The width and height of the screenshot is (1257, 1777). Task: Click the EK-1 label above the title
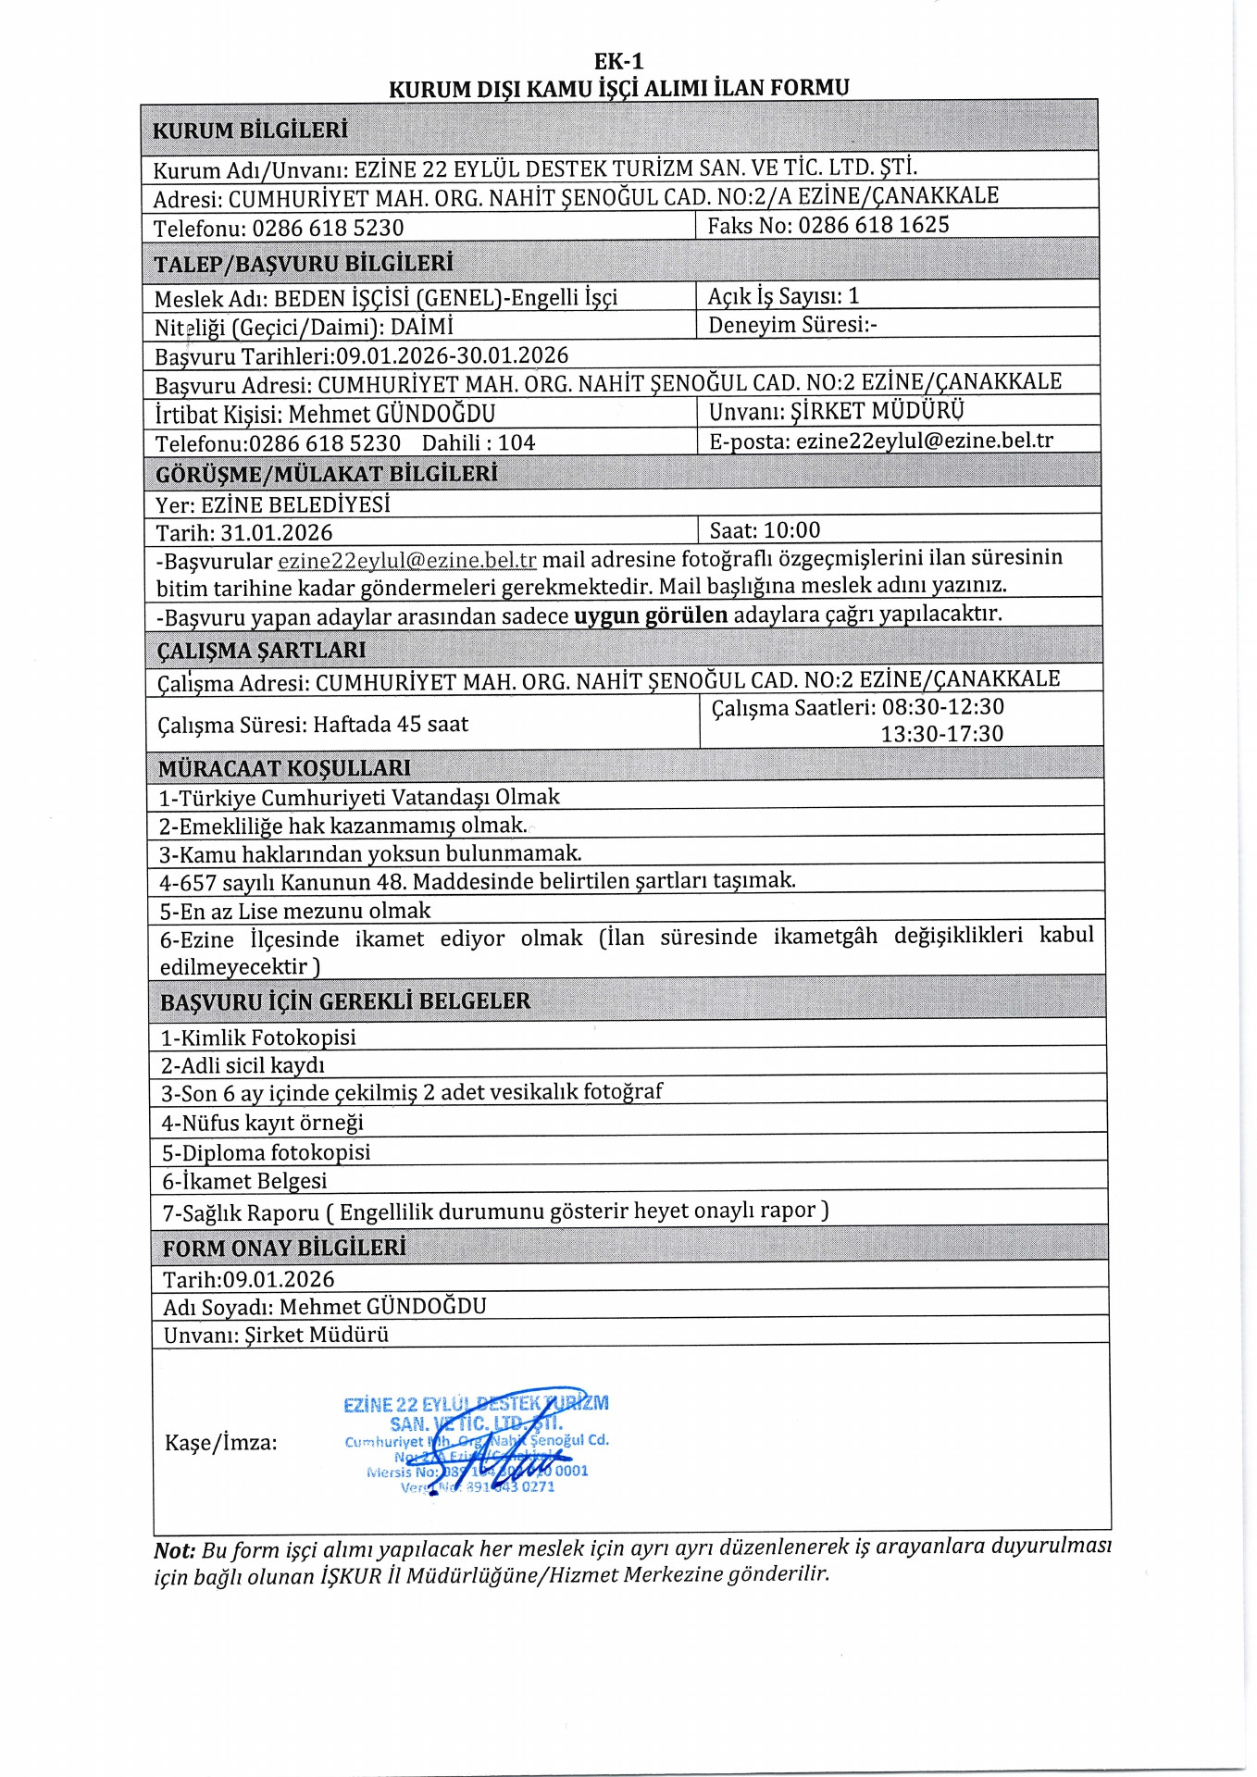[x=618, y=61]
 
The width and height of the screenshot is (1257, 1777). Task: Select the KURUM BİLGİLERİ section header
[x=250, y=130]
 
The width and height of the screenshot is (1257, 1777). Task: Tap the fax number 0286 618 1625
[x=873, y=225]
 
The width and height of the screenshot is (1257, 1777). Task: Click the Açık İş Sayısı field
[x=783, y=296]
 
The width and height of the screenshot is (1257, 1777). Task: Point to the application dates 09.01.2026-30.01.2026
[x=452, y=355]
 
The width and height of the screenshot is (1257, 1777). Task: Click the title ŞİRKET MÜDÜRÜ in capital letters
[x=877, y=411]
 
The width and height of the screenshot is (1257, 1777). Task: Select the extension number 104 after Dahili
[x=516, y=442]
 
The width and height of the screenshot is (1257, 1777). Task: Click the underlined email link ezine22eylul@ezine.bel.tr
[x=406, y=560]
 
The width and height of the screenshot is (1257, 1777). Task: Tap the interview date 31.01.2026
[x=276, y=532]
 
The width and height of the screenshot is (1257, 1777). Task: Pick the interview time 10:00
[x=792, y=530]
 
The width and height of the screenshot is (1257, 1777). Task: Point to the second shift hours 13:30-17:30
[x=941, y=734]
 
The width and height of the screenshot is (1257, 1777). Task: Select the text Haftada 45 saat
[x=391, y=724]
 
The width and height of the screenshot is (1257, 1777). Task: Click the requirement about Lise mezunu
[x=295, y=911]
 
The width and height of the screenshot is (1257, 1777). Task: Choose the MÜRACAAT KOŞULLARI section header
[x=284, y=768]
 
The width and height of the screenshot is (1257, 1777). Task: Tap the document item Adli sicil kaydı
[x=243, y=1065]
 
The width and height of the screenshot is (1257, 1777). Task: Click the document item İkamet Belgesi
[x=244, y=1181]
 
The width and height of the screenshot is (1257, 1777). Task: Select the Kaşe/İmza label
[x=220, y=1442]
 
